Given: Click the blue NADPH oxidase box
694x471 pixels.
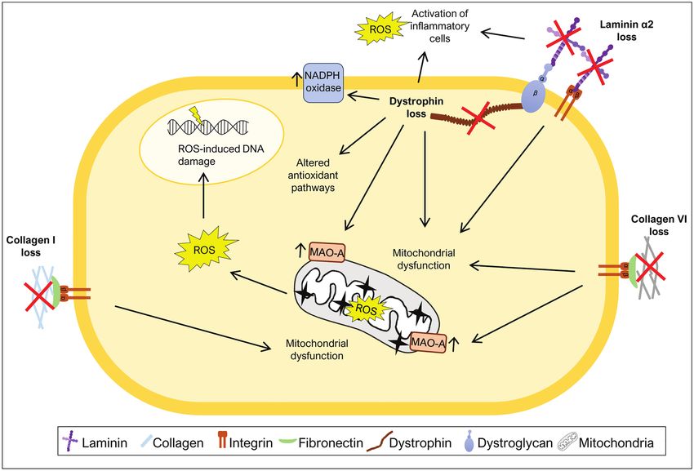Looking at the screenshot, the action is tap(323, 82).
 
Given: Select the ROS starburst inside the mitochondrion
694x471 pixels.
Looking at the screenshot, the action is tap(367, 310).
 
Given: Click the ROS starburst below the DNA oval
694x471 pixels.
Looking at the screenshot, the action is tap(206, 251).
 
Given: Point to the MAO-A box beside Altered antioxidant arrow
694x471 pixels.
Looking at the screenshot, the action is tap(327, 252).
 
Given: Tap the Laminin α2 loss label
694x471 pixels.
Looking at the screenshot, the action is tap(618, 31).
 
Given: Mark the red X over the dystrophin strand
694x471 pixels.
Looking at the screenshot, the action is tap(477, 117).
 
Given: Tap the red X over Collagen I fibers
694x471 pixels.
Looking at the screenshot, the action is tap(40, 295).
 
